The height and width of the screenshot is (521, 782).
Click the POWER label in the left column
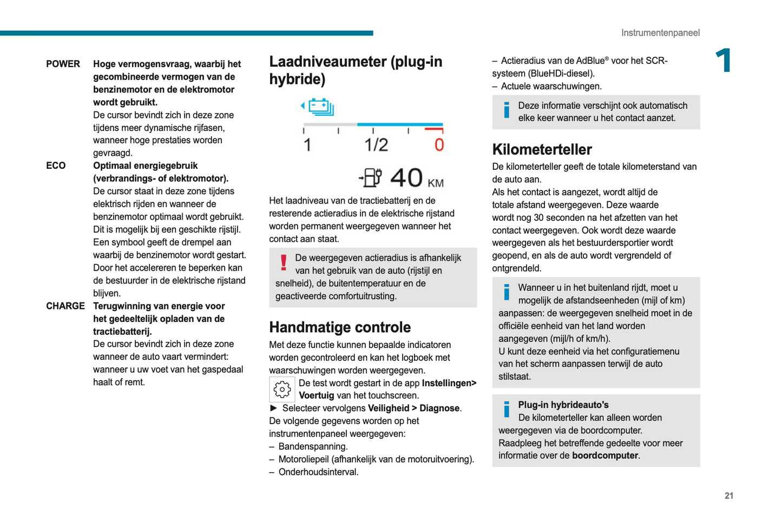click(63, 64)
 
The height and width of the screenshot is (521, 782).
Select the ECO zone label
click(56, 166)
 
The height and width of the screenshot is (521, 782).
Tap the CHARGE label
click(65, 306)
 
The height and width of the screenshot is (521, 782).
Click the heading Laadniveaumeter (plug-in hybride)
click(356, 70)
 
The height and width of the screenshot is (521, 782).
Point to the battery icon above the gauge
click(320, 107)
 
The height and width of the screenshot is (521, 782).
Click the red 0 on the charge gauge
click(439, 145)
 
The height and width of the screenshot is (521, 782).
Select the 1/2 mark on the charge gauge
click(376, 145)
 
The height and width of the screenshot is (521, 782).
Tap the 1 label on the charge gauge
click(307, 145)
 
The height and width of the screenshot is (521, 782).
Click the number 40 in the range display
click(406, 178)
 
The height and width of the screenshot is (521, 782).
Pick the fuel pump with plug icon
click(371, 177)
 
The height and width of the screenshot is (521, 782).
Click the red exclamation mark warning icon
click(283, 262)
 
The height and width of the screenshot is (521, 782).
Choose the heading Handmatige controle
click(340, 327)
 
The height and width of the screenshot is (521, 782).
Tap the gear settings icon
click(282, 389)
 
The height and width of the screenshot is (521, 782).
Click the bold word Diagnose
click(439, 408)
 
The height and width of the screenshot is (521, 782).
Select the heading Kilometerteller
click(542, 149)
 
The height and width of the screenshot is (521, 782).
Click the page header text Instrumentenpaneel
click(660, 33)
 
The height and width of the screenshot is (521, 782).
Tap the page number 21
click(729, 496)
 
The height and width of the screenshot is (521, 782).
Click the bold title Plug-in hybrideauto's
click(563, 405)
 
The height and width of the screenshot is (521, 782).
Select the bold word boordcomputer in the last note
click(606, 456)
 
